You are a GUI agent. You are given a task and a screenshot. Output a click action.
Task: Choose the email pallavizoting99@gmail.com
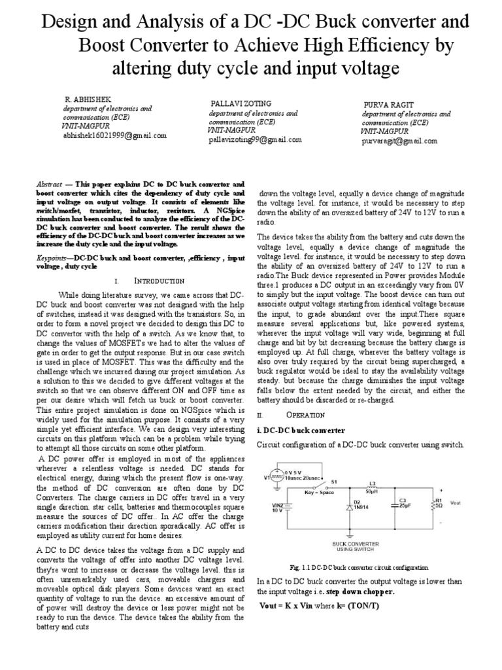click(x=254, y=139)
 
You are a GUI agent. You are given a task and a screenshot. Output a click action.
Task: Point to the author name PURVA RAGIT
click(x=386, y=106)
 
